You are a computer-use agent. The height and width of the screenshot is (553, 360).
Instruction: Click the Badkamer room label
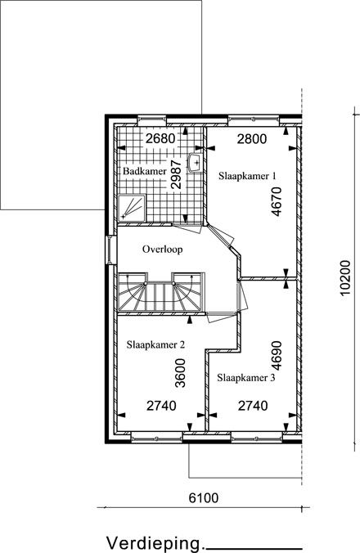145,172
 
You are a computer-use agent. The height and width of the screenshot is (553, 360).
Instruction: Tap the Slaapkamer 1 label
247,176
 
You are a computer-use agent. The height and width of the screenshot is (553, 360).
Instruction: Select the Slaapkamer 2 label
155,344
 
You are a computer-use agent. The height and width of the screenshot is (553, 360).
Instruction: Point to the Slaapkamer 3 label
246,378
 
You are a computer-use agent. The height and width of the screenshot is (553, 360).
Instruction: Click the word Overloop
163,250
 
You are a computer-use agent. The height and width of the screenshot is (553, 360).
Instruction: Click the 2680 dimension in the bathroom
160,138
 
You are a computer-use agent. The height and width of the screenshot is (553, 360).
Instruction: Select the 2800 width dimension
252,139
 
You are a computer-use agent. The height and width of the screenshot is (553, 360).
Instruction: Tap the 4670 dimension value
277,201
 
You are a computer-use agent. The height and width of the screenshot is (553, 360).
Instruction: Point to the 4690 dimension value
277,356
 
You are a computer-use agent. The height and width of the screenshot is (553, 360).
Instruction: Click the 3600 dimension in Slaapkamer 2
180,373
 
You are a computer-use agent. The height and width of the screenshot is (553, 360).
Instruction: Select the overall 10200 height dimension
345,277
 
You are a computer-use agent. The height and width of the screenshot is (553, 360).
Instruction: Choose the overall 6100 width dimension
204,498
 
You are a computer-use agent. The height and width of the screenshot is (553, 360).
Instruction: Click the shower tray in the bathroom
131,209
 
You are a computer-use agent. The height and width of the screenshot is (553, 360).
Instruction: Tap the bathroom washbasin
195,163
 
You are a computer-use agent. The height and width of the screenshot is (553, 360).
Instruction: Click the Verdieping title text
155,543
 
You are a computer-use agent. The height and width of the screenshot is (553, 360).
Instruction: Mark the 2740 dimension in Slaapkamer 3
253,406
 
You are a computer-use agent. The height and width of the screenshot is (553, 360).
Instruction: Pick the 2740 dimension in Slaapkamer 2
161,406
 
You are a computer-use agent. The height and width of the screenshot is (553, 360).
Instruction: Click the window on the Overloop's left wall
111,250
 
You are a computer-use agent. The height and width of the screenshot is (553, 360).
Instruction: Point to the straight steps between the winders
159,296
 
